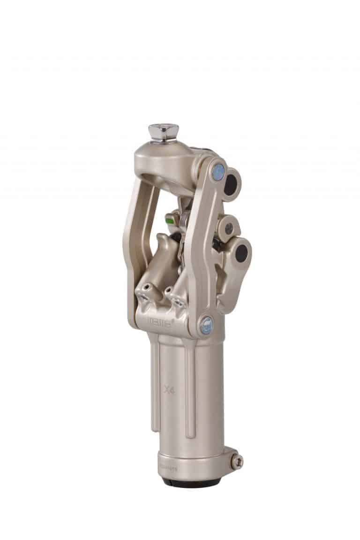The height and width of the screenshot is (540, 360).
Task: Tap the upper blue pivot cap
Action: coord(217,167)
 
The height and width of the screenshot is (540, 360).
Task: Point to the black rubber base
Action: coord(190,482)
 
